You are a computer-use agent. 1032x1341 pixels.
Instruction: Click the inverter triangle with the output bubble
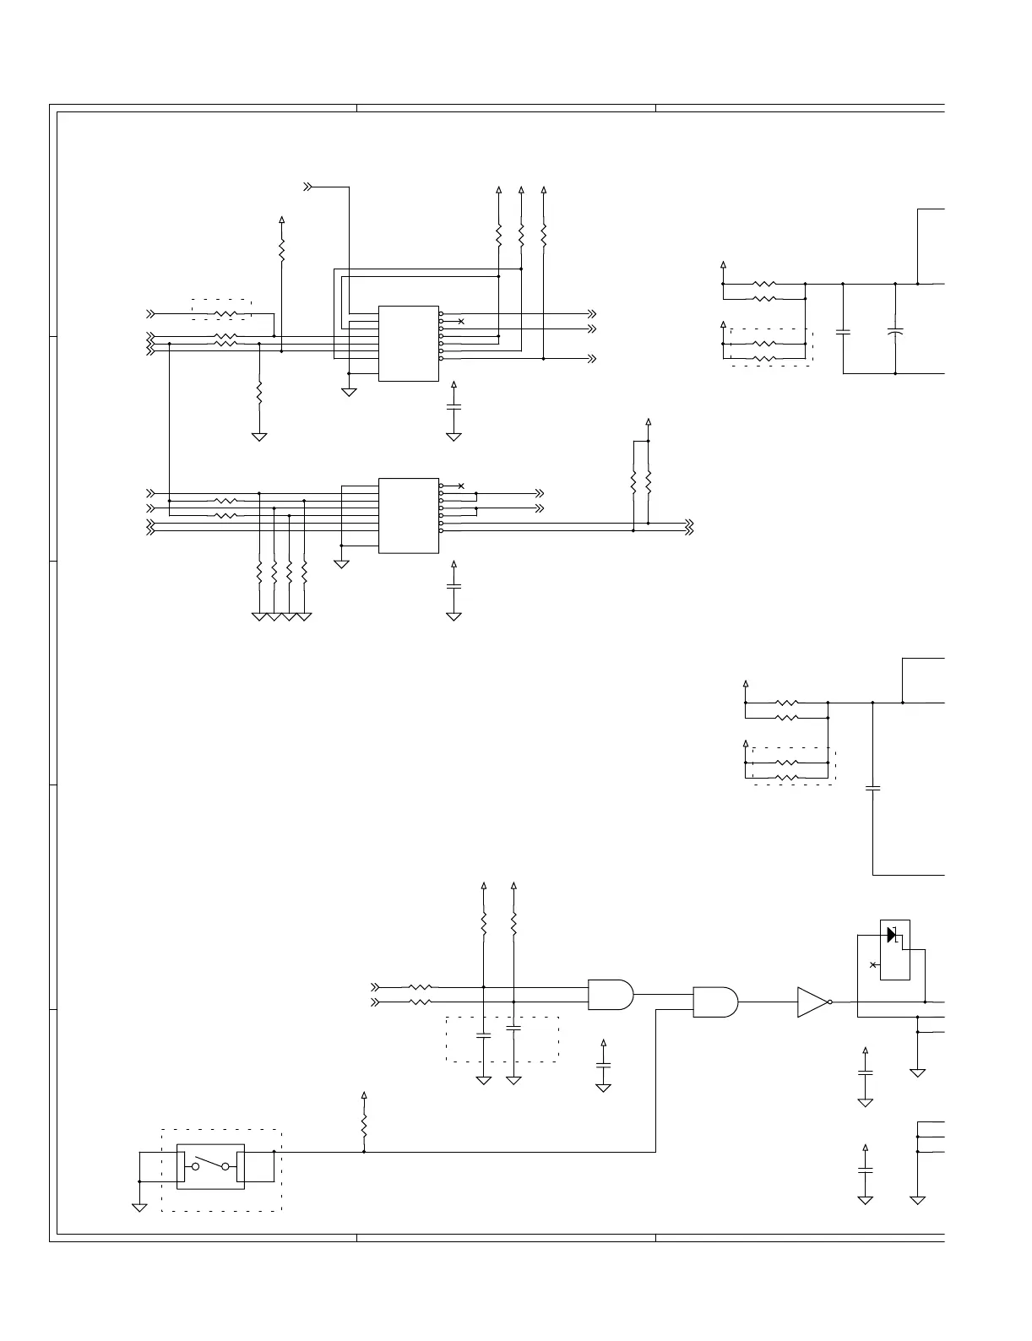[x=813, y=1002]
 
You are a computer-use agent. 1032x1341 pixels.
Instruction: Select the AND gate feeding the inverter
[x=714, y=1002]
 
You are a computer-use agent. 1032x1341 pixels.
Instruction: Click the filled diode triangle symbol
[x=891, y=935]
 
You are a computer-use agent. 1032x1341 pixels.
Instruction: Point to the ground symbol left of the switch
[x=139, y=1208]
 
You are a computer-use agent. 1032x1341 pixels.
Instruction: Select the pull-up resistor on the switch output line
[x=364, y=1127]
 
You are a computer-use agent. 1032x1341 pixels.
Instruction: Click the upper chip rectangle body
[x=409, y=343]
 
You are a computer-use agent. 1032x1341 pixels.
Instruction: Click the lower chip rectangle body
[x=409, y=515]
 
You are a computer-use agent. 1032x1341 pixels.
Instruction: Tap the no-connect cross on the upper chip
[x=460, y=322]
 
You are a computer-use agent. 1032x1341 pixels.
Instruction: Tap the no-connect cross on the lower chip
[x=460, y=486]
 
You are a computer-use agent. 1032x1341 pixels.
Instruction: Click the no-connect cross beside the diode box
[x=872, y=964]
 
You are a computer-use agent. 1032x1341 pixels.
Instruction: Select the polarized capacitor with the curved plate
[x=895, y=330]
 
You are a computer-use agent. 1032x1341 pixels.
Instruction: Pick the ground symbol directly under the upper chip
[x=349, y=392]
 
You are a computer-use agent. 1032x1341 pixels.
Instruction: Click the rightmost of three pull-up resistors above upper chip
[x=544, y=234]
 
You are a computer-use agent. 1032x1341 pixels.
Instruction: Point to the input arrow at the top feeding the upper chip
[x=310, y=186]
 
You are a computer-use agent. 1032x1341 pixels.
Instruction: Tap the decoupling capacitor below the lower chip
[x=454, y=585]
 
